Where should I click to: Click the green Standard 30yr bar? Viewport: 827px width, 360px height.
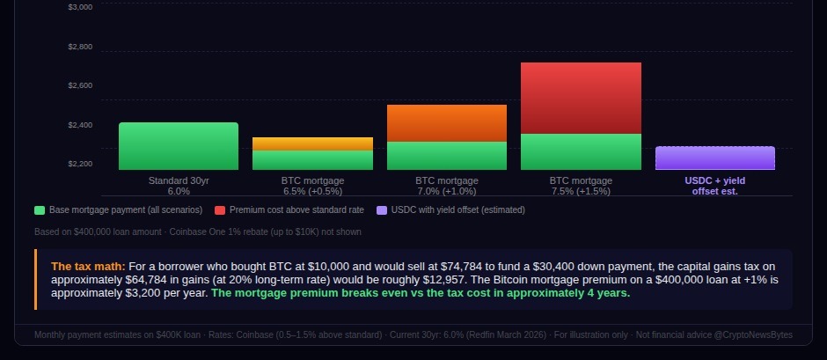(x=179, y=146)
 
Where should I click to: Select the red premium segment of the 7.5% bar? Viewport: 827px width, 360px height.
(x=581, y=98)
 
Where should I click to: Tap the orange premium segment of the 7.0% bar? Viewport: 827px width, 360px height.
(x=447, y=123)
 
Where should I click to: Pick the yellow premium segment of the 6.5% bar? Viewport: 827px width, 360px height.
(x=312, y=143)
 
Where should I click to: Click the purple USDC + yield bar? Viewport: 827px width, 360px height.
(x=714, y=158)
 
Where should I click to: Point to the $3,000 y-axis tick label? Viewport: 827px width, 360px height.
(x=80, y=7)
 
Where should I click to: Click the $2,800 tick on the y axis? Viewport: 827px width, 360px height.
(x=80, y=47)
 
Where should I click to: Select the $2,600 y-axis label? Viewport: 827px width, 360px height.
(x=80, y=85)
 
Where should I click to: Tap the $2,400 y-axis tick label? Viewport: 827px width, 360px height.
(x=80, y=125)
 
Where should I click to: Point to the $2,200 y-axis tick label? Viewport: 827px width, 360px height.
(x=80, y=164)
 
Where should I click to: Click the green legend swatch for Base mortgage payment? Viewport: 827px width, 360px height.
(x=40, y=210)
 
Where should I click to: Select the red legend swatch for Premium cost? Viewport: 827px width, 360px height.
(x=220, y=210)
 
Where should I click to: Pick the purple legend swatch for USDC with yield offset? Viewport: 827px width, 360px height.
(x=381, y=210)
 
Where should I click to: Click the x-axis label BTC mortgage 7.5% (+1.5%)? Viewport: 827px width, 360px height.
(x=581, y=186)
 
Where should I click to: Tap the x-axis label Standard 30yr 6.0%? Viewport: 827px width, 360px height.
(x=179, y=186)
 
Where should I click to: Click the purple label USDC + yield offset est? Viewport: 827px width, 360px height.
(x=714, y=186)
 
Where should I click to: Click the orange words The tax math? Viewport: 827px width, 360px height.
(x=88, y=266)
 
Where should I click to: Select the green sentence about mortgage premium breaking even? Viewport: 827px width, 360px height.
(x=421, y=294)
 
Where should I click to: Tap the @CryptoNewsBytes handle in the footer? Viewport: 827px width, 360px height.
(x=758, y=334)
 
